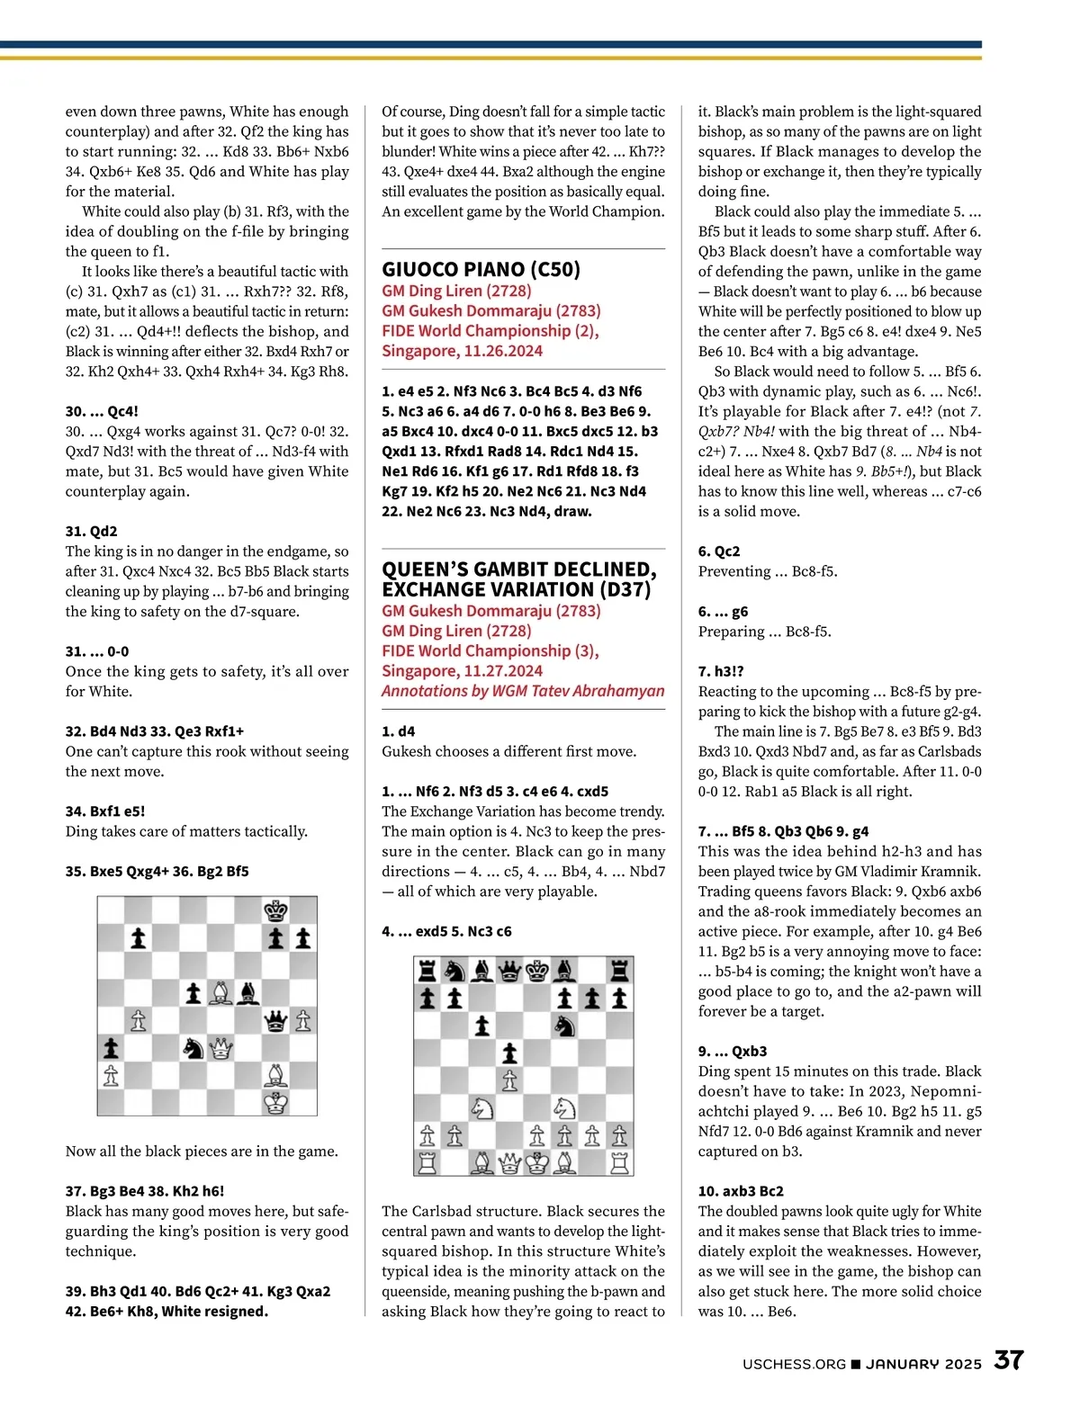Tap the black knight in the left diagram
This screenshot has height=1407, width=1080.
click(x=193, y=1048)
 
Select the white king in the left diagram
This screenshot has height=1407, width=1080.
click(x=275, y=1103)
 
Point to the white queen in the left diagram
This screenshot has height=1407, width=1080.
click(x=220, y=1048)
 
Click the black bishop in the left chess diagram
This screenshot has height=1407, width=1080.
click(x=248, y=993)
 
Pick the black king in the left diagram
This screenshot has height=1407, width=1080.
click(x=275, y=911)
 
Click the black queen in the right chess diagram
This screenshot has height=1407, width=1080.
click(x=509, y=971)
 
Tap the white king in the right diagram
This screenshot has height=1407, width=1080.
click(x=537, y=1163)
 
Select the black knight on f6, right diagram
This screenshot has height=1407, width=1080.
click(x=565, y=1026)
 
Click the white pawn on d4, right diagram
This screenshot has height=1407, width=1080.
click(x=509, y=1080)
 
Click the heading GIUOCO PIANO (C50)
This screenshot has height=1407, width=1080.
click(x=481, y=269)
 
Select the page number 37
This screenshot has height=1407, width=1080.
click(x=1008, y=1359)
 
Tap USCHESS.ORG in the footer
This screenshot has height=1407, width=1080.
click(x=794, y=1364)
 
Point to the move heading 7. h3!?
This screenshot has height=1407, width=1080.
click(x=721, y=671)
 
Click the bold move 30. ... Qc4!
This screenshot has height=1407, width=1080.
click(x=102, y=411)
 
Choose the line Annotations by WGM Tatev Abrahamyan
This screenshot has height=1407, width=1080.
click(x=523, y=691)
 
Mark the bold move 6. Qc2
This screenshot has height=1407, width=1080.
click(x=719, y=551)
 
